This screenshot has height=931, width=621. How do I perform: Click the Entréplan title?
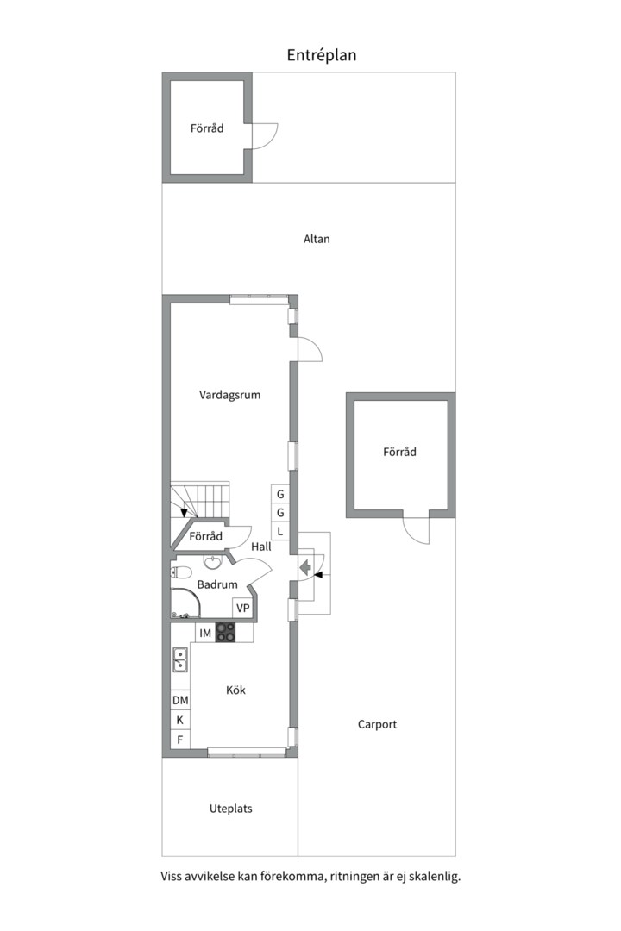pyautogui.click(x=322, y=55)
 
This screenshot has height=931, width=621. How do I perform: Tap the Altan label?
pyautogui.click(x=317, y=239)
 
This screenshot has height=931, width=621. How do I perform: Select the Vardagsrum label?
pyautogui.click(x=230, y=395)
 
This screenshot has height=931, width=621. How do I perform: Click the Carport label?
pyautogui.click(x=378, y=724)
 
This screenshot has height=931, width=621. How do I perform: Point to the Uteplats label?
pyautogui.click(x=230, y=809)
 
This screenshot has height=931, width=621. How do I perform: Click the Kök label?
pyautogui.click(x=236, y=690)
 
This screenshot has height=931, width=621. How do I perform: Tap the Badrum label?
pyautogui.click(x=217, y=584)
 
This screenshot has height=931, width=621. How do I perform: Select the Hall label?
pyautogui.click(x=260, y=547)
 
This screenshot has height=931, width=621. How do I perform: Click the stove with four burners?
pyautogui.click(x=225, y=633)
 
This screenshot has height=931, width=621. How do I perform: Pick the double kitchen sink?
pyautogui.click(x=180, y=659)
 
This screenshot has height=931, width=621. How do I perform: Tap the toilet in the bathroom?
pyautogui.click(x=180, y=572)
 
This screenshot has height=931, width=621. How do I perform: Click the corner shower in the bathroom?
pyautogui.click(x=185, y=603)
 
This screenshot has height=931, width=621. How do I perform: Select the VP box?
pyautogui.click(x=242, y=608)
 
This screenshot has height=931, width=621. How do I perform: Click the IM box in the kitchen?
pyautogui.click(x=205, y=633)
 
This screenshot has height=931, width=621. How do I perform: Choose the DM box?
pyautogui.click(x=180, y=700)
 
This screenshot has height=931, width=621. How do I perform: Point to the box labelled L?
pyautogui.click(x=280, y=531)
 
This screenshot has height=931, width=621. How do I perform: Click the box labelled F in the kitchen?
pyautogui.click(x=180, y=740)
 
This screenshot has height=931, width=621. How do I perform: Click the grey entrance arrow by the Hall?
pyautogui.click(x=305, y=567)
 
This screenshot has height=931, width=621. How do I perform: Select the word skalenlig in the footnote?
pyautogui.click(x=435, y=877)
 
